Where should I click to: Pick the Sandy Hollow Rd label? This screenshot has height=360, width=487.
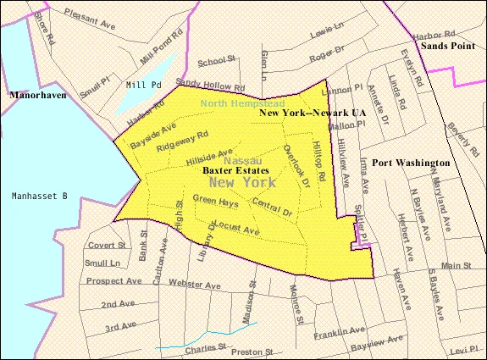coord(210,86)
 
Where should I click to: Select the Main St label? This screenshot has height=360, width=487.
coord(454,266)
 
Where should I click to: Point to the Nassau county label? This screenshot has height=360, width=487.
coord(242,160)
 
